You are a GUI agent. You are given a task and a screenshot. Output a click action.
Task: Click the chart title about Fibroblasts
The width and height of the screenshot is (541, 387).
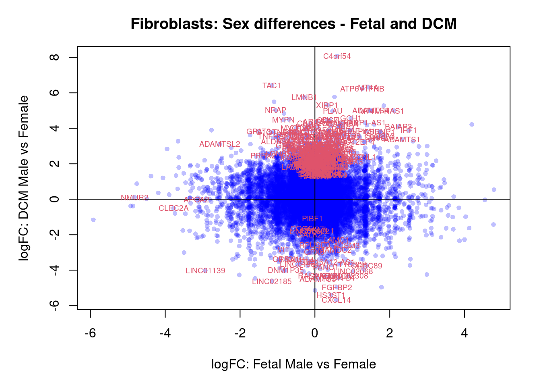pos(293,24)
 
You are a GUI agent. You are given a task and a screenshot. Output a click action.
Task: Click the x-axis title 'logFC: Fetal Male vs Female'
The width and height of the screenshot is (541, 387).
pos(293,364)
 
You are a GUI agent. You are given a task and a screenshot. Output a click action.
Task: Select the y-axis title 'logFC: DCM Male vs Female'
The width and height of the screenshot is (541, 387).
pos(24,178)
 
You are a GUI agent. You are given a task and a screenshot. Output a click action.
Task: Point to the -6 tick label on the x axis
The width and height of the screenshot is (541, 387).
pos(90,333)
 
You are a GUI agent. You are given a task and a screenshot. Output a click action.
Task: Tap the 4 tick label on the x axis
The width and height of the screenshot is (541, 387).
pos(465,333)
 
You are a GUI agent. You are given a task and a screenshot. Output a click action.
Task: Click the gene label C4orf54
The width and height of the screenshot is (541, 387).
pos(337,56)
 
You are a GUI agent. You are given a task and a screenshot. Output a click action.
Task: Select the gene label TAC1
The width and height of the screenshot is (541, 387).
pos(271,86)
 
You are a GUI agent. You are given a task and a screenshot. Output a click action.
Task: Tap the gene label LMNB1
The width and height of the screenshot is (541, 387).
pos(304,98)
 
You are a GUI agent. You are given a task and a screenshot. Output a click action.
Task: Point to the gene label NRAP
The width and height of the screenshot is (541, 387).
pos(275,110)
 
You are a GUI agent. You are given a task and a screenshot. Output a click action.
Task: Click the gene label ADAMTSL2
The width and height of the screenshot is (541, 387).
pos(220,144)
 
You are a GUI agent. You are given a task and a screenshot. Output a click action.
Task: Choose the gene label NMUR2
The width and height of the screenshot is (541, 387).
pos(134,198)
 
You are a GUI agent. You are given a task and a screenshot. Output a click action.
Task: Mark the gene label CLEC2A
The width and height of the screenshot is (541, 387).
pos(173,208)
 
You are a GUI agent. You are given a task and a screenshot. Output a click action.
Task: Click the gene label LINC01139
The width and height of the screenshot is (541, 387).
pos(205,271)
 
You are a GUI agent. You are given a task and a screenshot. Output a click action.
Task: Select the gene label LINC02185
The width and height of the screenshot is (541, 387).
pos(272,282)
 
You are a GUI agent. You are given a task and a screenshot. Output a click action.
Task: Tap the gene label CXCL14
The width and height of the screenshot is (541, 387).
pos(336,300)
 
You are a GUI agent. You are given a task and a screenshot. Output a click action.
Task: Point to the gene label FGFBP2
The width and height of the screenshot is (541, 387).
pos(337,288)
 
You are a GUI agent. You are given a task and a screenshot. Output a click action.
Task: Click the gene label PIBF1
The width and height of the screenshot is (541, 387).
pos(312,219)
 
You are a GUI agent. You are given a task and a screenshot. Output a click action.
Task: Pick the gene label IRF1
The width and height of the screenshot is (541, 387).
pos(409,131)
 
